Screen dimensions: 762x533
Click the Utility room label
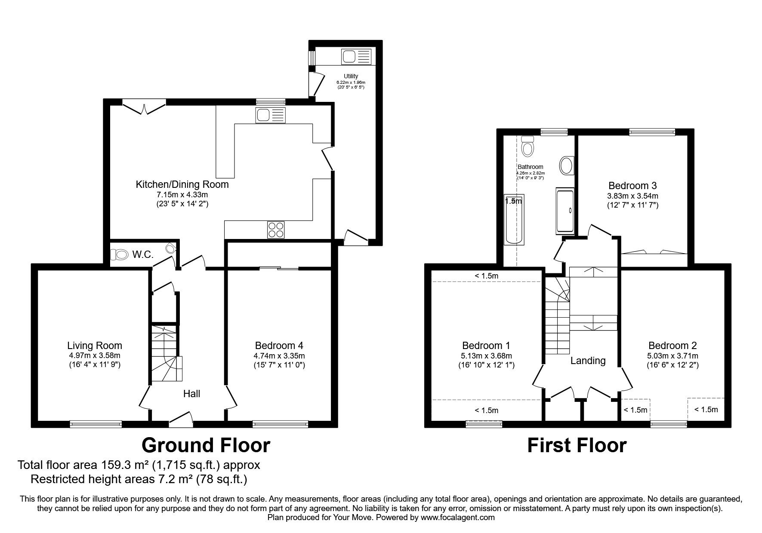351,76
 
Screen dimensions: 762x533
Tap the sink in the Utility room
356,56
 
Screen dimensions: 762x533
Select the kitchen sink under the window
270,115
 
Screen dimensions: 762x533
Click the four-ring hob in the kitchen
276,229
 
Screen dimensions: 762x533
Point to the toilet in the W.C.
120,254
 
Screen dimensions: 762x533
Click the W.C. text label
143,254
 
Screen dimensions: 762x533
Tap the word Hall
191,393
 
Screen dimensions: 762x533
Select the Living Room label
95,345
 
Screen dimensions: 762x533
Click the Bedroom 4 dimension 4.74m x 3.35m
279,356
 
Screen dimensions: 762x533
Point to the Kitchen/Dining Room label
182,184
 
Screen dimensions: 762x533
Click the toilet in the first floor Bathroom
527,146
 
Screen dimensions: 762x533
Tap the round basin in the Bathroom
566,165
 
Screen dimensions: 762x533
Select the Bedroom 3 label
632,186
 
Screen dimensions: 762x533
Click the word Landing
588,361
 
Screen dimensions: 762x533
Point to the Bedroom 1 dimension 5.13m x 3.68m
486,356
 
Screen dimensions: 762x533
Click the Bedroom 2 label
673,345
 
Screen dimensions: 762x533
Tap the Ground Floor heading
206,445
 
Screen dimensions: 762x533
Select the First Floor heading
577,446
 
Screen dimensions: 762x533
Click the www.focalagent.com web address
457,518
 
